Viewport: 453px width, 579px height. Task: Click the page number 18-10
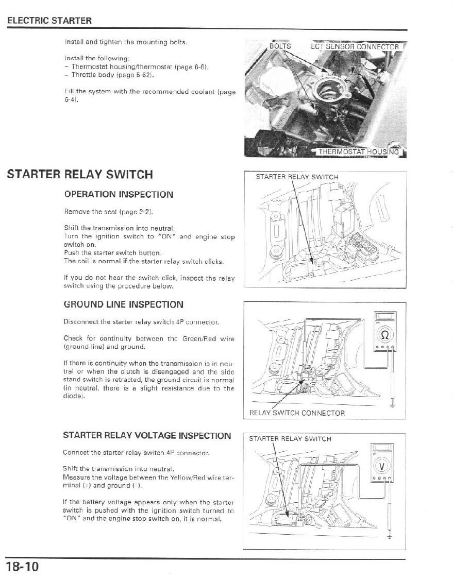pos(23,567)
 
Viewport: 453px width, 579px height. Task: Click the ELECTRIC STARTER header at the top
pos(49,21)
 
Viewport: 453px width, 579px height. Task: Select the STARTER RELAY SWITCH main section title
pos(80,174)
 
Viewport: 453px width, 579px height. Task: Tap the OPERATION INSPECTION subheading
pos(119,195)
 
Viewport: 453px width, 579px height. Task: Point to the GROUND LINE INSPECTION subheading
pos(124,304)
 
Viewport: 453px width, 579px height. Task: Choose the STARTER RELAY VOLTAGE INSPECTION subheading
pos(147,435)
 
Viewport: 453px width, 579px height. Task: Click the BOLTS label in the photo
pos(280,46)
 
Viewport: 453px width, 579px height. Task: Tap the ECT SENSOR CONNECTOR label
pos(355,47)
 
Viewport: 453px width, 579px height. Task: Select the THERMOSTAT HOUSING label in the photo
pos(358,151)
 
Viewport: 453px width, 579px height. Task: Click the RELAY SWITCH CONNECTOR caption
pos(297,413)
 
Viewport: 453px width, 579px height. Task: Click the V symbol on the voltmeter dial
pos(382,467)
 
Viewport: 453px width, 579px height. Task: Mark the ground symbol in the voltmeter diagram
pos(390,537)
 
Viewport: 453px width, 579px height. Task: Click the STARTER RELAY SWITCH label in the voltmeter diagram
pos(290,439)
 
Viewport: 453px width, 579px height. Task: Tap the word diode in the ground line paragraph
pos(74,397)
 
